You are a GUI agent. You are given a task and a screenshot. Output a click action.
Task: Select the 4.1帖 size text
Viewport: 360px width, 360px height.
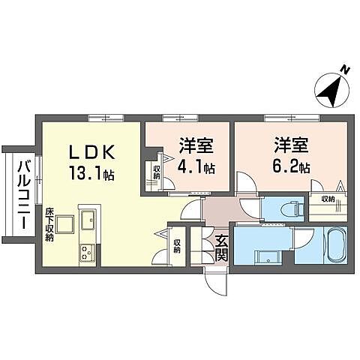(x=196, y=167)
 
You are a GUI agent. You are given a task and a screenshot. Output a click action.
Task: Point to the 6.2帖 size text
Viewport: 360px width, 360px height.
(x=291, y=167)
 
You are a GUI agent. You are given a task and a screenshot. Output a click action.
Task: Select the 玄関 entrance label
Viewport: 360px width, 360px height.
(x=221, y=247)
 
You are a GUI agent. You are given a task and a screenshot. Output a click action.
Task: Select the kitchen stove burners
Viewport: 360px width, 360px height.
(x=85, y=253)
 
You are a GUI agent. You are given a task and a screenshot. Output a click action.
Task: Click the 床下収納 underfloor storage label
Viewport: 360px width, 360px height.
(x=49, y=224)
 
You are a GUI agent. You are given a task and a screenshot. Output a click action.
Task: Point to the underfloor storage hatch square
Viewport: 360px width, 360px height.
(x=64, y=223)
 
